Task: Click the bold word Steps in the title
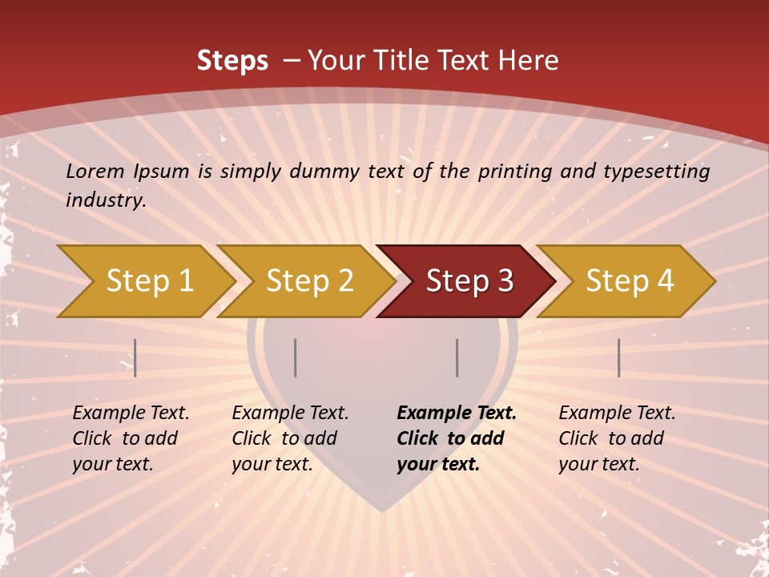[232, 60]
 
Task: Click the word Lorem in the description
[95, 171]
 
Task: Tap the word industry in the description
[104, 200]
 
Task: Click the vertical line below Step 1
[135, 357]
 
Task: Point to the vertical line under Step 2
[296, 357]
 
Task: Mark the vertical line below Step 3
[457, 357]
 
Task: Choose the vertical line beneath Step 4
[618, 357]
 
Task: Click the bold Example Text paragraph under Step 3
[456, 438]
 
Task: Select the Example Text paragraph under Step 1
[131, 438]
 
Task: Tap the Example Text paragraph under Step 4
[617, 438]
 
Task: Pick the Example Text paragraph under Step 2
[290, 438]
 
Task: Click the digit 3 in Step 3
[505, 281]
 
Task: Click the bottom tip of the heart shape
[383, 510]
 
